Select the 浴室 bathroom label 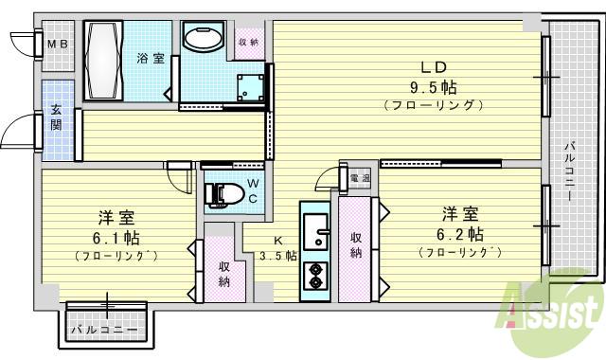click(151, 59)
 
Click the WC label click(253, 190)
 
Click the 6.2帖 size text click(460, 233)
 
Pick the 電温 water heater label click(359, 178)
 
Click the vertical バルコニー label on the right click(570, 171)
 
